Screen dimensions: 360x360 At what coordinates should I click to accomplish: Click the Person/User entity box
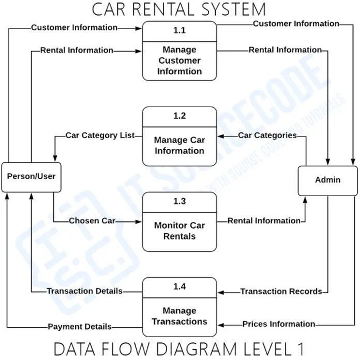31,177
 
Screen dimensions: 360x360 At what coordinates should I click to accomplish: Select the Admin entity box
327,180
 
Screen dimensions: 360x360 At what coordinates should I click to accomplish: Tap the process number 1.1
179,31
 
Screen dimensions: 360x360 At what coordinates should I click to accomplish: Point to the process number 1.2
179,116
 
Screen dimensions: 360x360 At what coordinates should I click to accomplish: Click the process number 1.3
179,201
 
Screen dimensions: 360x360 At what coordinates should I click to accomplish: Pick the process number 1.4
179,287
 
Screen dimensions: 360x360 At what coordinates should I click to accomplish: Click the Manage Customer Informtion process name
179,61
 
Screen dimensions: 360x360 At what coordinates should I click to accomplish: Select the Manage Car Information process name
179,145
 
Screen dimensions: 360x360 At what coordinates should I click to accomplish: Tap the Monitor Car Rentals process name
179,231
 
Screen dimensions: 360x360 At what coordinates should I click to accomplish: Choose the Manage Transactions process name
179,316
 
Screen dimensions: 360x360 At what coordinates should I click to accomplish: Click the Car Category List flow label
100,136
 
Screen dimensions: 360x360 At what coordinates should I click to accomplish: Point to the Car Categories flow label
267,136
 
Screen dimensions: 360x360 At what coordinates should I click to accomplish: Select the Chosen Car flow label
92,221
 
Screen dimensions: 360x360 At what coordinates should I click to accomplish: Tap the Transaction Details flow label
85,291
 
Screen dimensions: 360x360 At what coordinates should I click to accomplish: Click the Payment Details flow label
80,327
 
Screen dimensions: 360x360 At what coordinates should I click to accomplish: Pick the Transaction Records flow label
281,292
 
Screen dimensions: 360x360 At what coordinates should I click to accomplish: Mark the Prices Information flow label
279,324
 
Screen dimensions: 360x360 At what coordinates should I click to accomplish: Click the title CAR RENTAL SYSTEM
179,9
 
